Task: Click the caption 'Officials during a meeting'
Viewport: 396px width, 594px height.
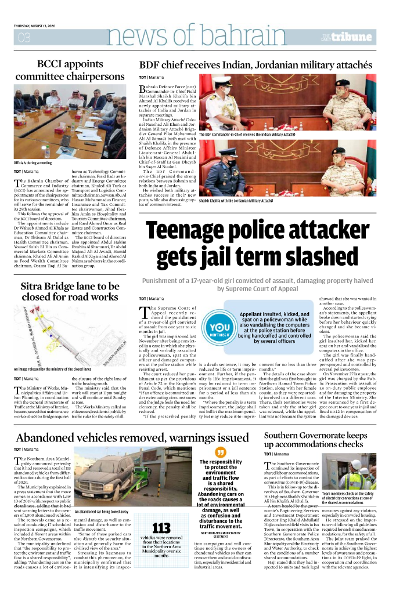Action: coord(33,163)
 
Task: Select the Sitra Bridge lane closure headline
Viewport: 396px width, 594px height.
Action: coord(70,291)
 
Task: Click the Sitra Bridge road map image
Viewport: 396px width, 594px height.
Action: coord(70,335)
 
